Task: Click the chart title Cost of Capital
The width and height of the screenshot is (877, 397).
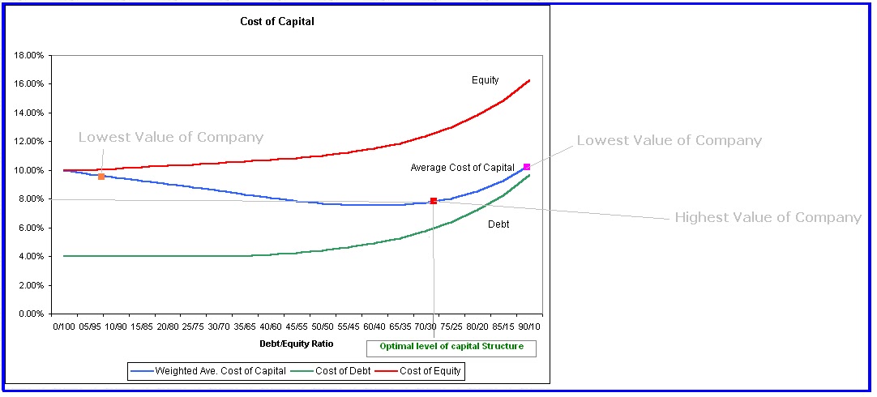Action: [x=277, y=22]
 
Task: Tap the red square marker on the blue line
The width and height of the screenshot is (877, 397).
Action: [x=434, y=201]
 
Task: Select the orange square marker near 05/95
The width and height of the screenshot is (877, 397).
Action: [x=101, y=176]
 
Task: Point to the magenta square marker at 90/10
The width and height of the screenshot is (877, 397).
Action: [x=527, y=167]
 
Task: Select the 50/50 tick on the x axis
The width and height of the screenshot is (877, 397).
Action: [x=323, y=327]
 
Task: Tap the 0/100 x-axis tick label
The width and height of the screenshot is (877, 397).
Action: [x=64, y=327]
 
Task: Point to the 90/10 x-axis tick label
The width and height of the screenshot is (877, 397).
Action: [x=529, y=327]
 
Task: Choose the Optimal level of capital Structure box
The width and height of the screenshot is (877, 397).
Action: [x=451, y=347]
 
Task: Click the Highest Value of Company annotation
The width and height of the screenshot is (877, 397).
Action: [x=768, y=218]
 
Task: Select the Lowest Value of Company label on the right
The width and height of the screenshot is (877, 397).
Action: [x=669, y=141]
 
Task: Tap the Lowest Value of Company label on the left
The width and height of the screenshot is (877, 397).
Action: [x=171, y=138]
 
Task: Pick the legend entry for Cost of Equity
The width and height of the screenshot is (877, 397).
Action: [x=425, y=371]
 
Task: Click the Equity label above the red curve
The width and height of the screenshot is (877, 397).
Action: [x=486, y=80]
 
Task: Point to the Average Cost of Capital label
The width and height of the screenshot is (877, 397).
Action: [x=462, y=168]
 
